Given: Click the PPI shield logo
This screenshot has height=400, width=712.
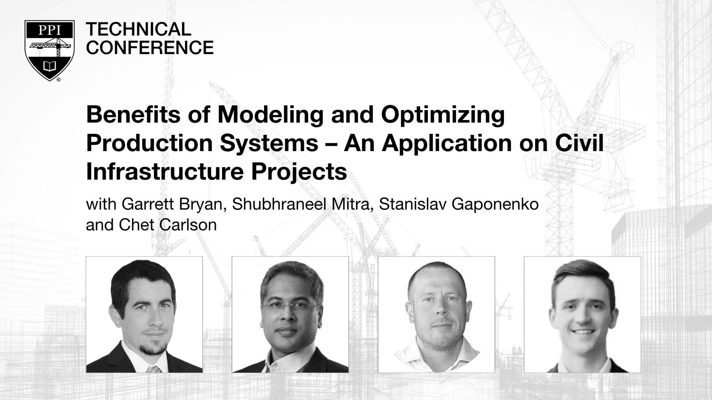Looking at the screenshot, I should (50, 50).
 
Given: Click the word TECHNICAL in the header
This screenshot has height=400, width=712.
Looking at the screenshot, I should (138, 29).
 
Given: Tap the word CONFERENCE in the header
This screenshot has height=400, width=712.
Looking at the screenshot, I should (150, 47).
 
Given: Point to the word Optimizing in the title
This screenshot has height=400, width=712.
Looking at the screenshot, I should (443, 115).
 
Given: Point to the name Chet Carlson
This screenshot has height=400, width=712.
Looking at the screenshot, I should (168, 225).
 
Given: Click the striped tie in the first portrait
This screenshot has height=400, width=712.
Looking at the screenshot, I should (154, 369).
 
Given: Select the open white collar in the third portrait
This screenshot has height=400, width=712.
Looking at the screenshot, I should (436, 356).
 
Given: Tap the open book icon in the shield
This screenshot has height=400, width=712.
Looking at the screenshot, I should (50, 66).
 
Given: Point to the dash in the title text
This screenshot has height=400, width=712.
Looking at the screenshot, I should (331, 144).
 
